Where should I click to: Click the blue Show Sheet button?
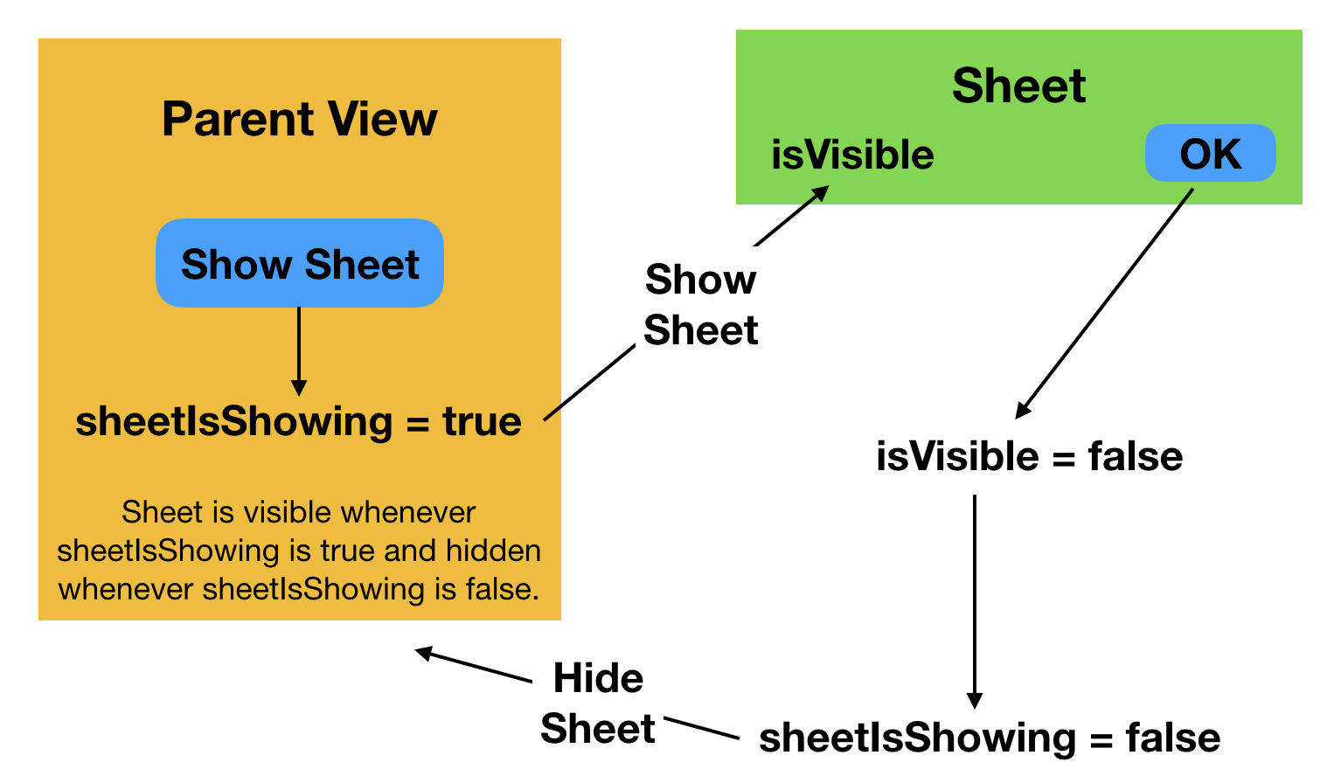300,263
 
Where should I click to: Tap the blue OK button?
1210,154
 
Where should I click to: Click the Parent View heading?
299,119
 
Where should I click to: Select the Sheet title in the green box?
1018,86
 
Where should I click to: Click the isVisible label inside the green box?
852,155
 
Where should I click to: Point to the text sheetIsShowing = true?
298,421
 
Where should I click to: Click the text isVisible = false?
1029,456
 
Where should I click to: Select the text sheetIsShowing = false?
989,738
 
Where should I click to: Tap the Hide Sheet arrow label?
598,703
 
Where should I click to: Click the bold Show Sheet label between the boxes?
700,305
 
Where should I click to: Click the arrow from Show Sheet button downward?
299,350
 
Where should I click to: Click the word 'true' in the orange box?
482,421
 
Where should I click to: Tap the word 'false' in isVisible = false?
1135,456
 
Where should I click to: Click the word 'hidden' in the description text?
493,551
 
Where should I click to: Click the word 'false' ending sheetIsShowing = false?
1172,738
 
